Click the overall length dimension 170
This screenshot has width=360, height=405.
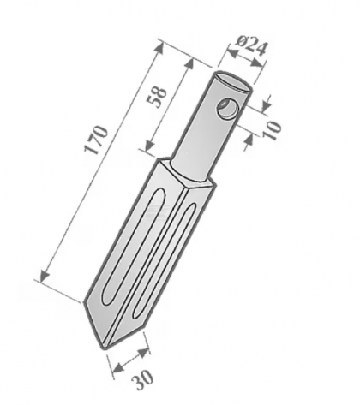click(x=96, y=141)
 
